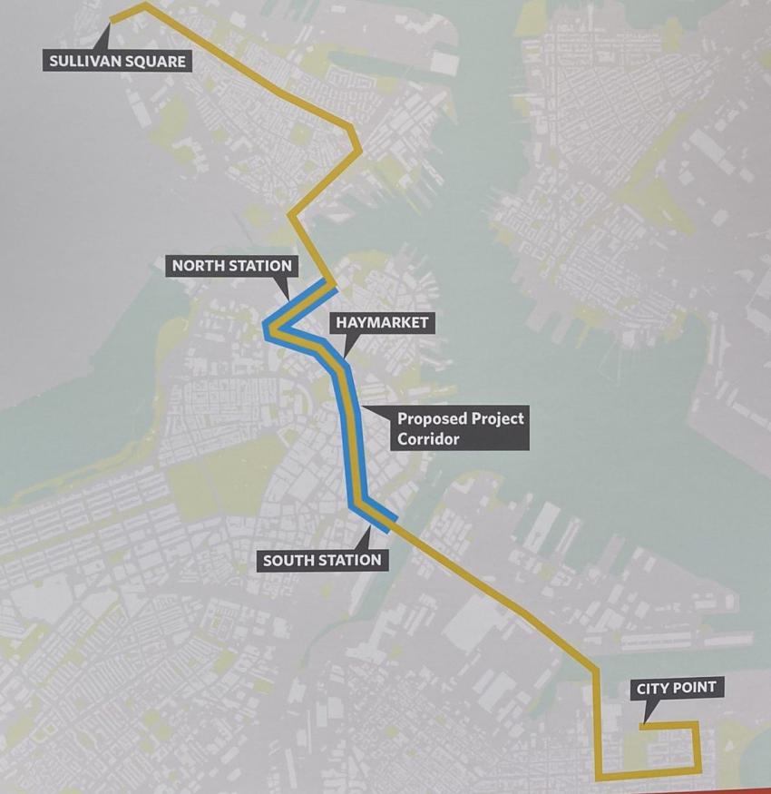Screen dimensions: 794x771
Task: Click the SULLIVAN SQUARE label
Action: pos(116,61)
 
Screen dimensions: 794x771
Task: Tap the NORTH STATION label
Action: pos(232,266)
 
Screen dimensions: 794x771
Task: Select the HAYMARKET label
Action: pos(381,322)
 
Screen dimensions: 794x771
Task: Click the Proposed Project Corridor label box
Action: pos(460,428)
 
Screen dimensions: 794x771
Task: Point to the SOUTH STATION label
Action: pos(322,560)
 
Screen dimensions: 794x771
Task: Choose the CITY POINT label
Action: pos(676,688)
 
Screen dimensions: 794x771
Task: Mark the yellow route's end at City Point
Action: pos(641,725)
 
